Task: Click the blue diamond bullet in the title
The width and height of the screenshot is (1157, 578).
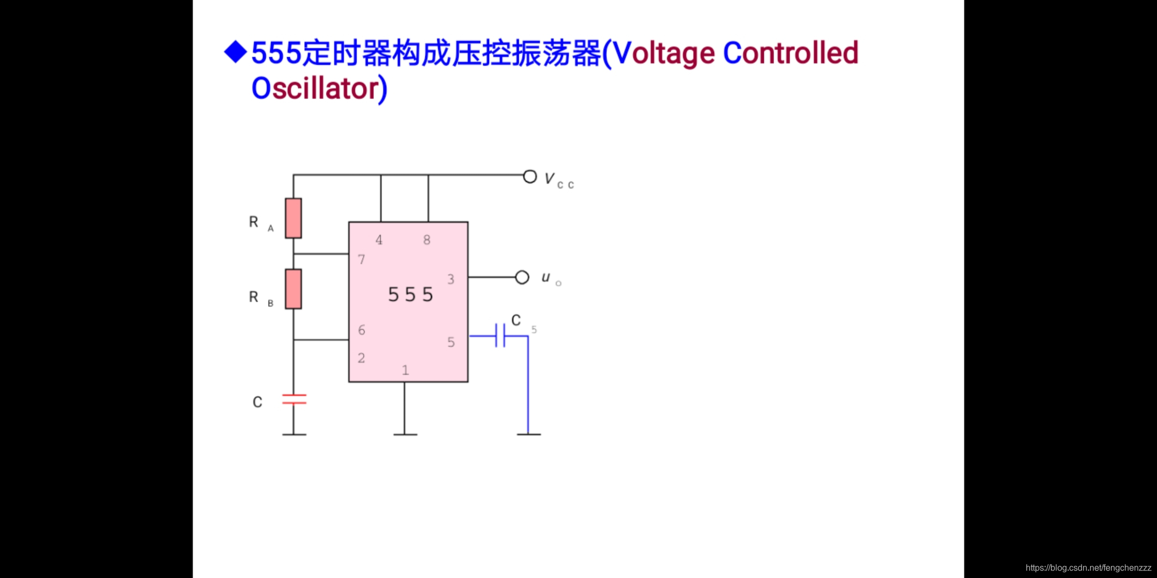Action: [x=236, y=52]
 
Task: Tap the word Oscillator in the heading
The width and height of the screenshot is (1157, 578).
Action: [x=319, y=88]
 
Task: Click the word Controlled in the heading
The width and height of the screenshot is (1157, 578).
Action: [x=791, y=53]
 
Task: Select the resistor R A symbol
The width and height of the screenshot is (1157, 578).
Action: [x=293, y=218]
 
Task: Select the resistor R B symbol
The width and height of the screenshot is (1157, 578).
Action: [x=293, y=289]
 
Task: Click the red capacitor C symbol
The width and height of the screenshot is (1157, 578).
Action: [x=294, y=399]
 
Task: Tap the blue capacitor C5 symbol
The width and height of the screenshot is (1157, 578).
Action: [x=500, y=336]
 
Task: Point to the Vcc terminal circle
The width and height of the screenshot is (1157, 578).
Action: [x=530, y=177]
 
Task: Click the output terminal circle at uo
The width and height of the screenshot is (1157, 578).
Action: [x=522, y=277]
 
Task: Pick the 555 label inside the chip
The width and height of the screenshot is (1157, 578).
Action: [x=410, y=294]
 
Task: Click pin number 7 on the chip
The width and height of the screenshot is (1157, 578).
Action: [x=362, y=260]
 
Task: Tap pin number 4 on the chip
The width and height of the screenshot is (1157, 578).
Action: [x=379, y=240]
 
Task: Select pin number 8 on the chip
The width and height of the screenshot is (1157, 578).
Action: [x=426, y=240]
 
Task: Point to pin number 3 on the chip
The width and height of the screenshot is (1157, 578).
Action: [x=450, y=279]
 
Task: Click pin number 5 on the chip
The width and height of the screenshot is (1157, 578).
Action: [x=451, y=342]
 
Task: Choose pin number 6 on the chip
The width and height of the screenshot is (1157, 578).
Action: [x=362, y=330]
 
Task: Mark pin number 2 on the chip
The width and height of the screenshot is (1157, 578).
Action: [x=362, y=358]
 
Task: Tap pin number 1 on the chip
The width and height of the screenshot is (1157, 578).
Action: [x=405, y=370]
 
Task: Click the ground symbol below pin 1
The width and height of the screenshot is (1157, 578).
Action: [x=405, y=434]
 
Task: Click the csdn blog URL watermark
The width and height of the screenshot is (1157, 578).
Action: [x=1088, y=568]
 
